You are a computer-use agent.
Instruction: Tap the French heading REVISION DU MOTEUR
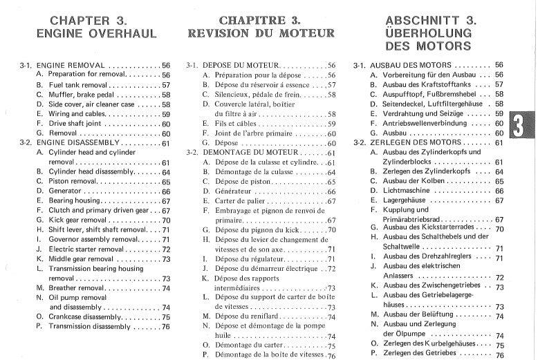[261, 32]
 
